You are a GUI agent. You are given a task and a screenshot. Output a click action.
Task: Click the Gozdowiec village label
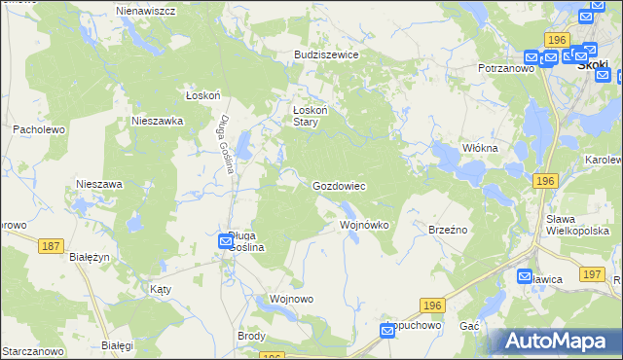[338, 185]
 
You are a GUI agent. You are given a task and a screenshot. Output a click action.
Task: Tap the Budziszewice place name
[327, 55]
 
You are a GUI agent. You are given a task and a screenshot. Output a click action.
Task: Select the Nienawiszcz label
[145, 10]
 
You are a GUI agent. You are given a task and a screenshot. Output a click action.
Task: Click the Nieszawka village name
[158, 122]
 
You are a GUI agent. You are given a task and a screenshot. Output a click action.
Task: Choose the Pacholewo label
[38, 128]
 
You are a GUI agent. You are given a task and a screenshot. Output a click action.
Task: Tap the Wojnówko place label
[364, 225]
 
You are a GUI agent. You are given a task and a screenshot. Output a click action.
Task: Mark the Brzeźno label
[449, 229]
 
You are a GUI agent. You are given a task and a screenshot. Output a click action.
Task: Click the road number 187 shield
[52, 247]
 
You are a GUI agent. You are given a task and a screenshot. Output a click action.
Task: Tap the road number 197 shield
[591, 275]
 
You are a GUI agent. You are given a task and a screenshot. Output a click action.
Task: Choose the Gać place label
[469, 325]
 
